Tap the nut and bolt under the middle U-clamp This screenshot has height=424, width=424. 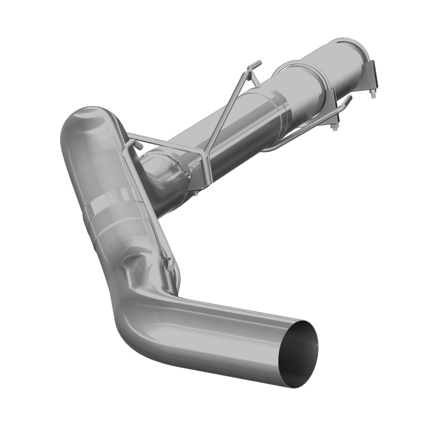334,126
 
